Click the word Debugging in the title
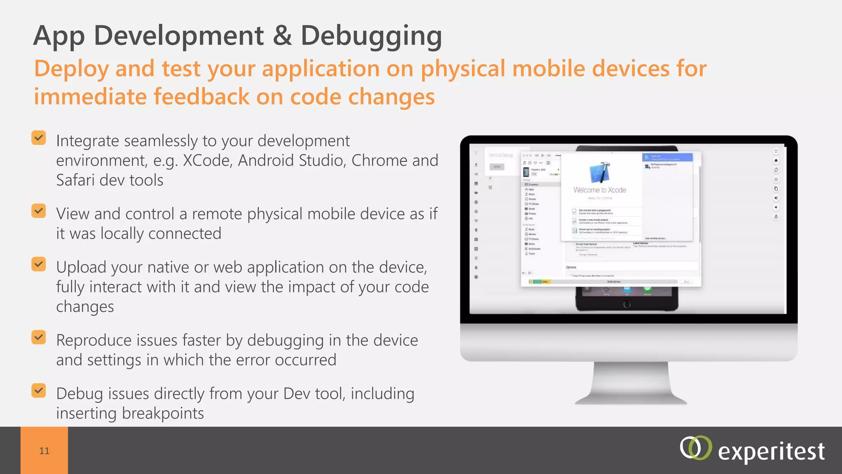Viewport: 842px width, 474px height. click(x=371, y=36)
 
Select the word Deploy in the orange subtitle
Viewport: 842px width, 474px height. click(x=71, y=69)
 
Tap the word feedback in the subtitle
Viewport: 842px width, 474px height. click(x=201, y=97)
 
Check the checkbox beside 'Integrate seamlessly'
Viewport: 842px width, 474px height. click(x=39, y=138)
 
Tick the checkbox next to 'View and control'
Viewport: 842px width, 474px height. click(x=39, y=211)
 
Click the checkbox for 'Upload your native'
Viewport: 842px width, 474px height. click(x=39, y=265)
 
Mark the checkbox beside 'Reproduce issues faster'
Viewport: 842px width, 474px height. click(x=39, y=337)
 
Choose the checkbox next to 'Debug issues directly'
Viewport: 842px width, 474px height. click(x=39, y=391)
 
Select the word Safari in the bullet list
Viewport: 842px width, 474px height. click(x=75, y=180)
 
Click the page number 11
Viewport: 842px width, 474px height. click(x=44, y=451)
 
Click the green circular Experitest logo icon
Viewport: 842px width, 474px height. click(x=695, y=448)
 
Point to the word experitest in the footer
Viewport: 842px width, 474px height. click(x=771, y=452)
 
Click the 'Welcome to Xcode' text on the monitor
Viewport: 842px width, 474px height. click(x=599, y=190)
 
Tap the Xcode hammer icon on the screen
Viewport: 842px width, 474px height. click(x=599, y=172)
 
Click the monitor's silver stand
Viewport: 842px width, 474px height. click(x=631, y=385)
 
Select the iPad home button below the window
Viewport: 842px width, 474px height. click(x=627, y=304)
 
